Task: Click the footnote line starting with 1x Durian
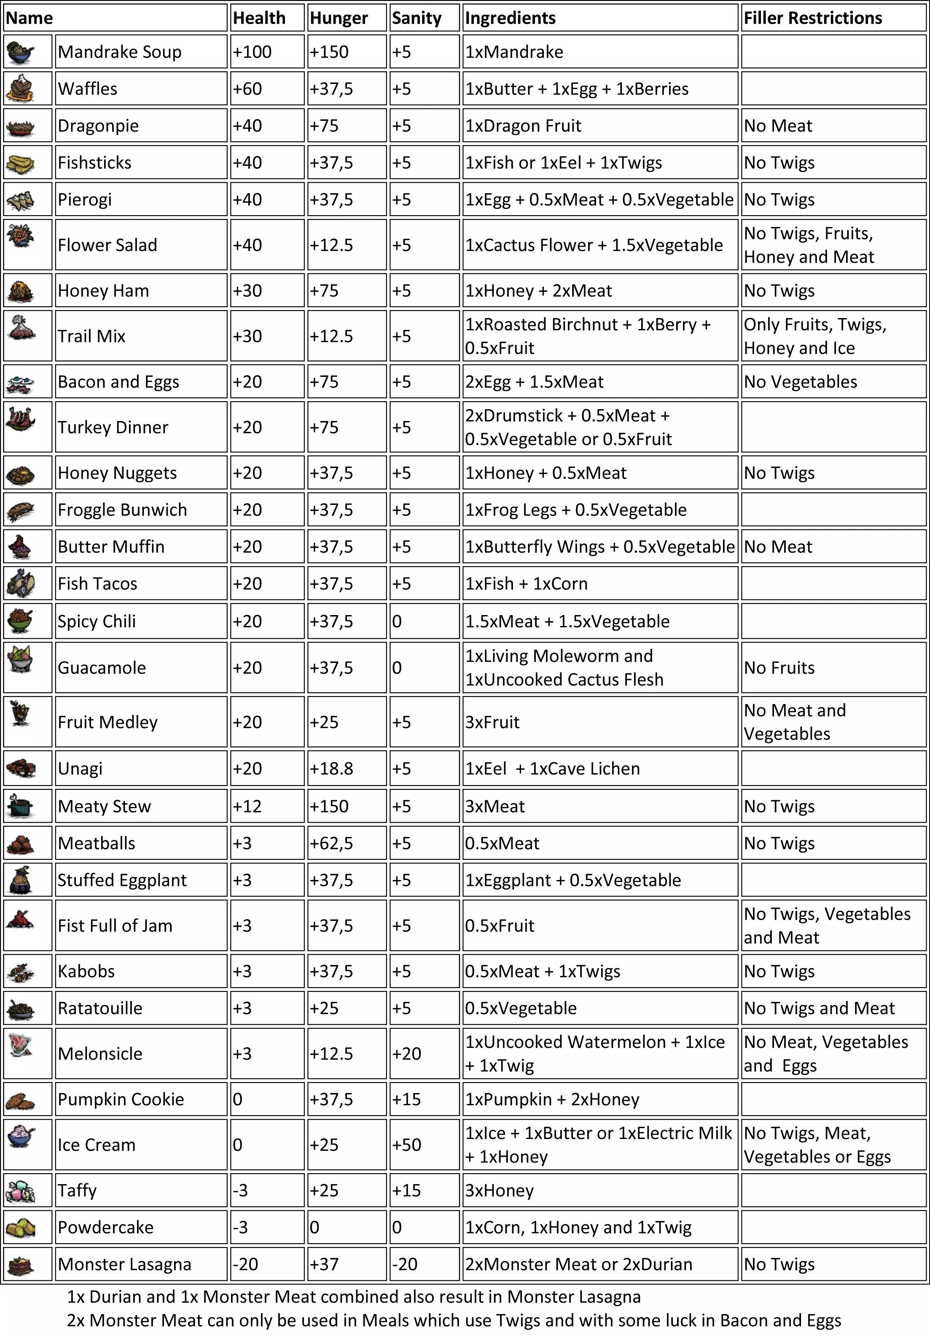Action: [x=354, y=1297]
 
